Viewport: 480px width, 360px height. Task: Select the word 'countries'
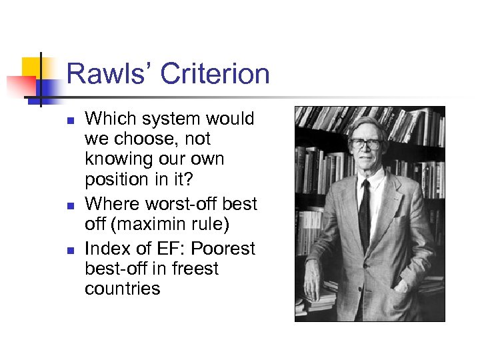point(123,289)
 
